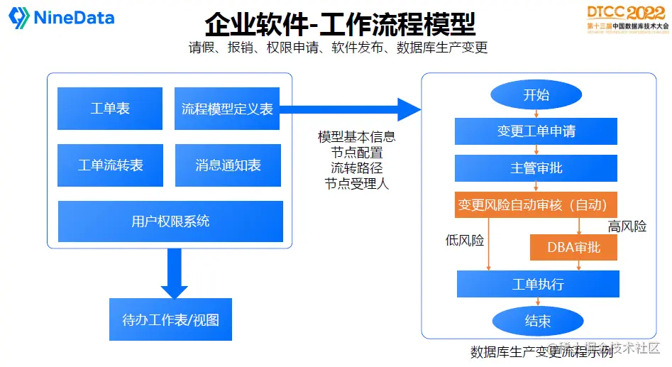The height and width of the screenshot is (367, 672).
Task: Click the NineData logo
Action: click(62, 18)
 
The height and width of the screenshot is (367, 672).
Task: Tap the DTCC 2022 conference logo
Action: click(627, 18)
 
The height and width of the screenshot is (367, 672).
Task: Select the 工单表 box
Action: click(110, 109)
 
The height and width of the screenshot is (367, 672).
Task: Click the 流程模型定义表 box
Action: click(227, 109)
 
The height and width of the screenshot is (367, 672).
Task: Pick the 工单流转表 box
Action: click(110, 165)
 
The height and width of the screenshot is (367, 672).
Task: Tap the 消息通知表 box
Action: click(228, 165)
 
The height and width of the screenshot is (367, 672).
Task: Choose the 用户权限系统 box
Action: click(170, 221)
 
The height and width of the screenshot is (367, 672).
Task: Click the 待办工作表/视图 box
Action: click(170, 319)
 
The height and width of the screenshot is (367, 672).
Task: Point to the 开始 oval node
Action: click(536, 95)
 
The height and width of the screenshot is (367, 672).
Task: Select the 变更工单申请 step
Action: click(536, 131)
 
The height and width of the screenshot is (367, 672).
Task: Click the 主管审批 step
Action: click(536, 168)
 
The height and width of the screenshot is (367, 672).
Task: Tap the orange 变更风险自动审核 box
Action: click(536, 205)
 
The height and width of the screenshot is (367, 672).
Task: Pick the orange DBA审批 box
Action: click(573, 247)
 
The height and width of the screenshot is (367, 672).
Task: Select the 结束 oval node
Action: click(537, 322)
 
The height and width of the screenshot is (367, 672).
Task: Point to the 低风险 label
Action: click(464, 241)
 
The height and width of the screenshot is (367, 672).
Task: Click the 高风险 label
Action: click(627, 226)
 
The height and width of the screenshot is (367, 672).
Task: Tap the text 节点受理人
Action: click(356, 184)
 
